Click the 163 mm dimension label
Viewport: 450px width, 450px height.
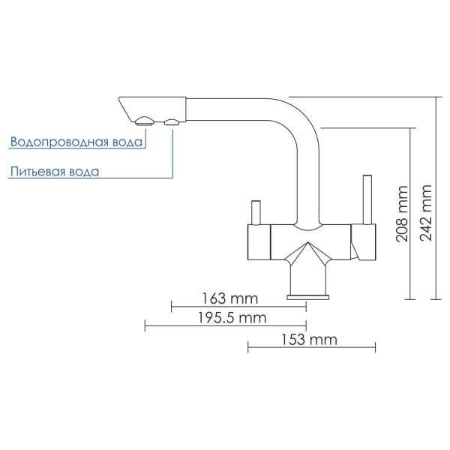(230, 298)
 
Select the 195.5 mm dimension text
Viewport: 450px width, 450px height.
(232, 318)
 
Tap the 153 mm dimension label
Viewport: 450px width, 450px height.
(309, 340)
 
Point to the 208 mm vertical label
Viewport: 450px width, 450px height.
(402, 214)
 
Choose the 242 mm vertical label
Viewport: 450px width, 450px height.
(425, 213)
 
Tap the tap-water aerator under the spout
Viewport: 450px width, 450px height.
(145, 121)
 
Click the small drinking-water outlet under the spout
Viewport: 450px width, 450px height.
(172, 122)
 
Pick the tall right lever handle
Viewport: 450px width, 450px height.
(367, 199)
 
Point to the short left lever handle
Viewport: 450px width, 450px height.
(256, 212)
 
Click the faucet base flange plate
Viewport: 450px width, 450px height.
(308, 297)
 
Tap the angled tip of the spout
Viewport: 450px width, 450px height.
(126, 109)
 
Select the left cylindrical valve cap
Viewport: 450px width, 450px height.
(259, 242)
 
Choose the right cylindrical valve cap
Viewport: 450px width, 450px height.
(363, 242)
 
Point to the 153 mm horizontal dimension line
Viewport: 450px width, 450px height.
(312, 347)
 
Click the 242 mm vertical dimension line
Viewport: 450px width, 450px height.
(436, 198)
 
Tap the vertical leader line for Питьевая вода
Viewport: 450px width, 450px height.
(172, 154)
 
